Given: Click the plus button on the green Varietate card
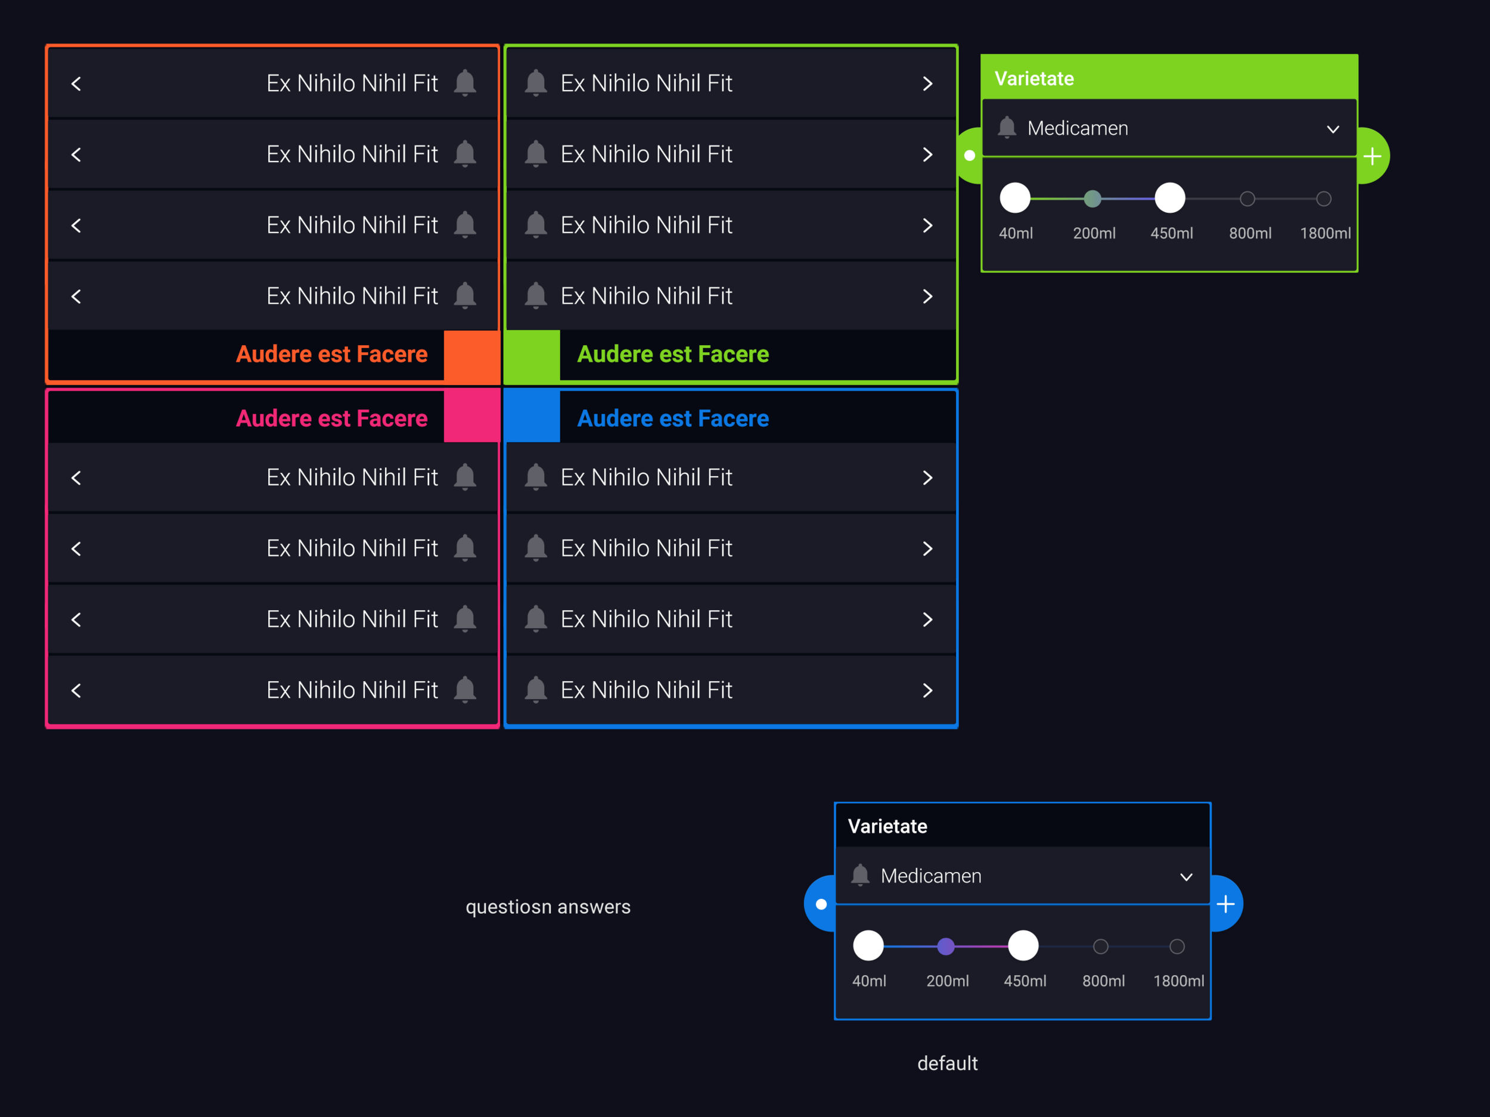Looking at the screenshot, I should (x=1372, y=156).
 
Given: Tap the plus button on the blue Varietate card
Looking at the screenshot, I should (x=1225, y=904).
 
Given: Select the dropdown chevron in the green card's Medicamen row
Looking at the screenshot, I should (x=1333, y=129).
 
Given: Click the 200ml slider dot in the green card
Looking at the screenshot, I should (x=1092, y=198).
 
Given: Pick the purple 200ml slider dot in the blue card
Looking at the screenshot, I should (x=946, y=947).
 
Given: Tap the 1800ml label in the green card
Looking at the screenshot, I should (x=1324, y=233).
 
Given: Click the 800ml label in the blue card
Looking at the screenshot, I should (x=1103, y=981).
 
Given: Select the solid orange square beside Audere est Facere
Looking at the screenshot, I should (x=471, y=355).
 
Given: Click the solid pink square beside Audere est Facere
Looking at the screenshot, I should (x=471, y=418).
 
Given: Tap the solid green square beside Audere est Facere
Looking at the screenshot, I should (x=532, y=355).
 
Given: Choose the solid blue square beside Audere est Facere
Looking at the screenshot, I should (x=532, y=418).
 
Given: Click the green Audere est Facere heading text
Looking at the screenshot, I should (x=672, y=355).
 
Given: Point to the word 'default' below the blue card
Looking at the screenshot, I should (x=947, y=1063).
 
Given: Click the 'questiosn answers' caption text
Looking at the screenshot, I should (x=548, y=907).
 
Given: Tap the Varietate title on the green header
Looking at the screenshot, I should (x=1034, y=79).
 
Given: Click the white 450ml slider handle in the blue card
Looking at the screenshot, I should (x=1023, y=946).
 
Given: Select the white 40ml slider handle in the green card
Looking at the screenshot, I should (x=1014, y=198).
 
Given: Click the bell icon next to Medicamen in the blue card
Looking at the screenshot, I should (x=859, y=875).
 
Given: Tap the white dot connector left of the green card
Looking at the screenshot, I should (x=969, y=156).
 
